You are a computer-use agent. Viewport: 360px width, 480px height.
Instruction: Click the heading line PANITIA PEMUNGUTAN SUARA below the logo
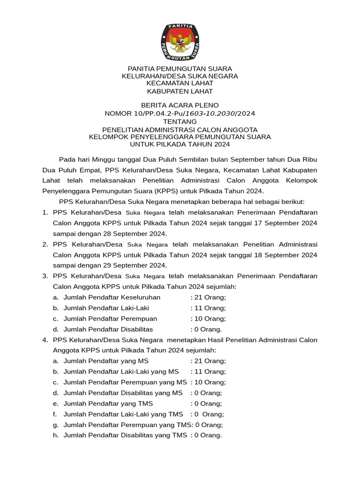click(180, 68)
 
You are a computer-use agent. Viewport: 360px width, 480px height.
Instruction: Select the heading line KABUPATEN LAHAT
click(180, 91)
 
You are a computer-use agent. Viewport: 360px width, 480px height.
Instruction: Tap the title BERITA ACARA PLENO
click(180, 105)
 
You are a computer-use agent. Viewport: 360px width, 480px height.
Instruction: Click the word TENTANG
click(180, 121)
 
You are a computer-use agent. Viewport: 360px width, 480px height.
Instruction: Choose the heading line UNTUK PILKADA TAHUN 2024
click(180, 144)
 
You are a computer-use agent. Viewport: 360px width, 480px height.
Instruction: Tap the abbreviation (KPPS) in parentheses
click(136, 191)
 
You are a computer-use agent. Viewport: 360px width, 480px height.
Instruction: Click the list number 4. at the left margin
click(45, 340)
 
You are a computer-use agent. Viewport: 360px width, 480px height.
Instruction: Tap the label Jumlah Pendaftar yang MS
click(106, 361)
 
